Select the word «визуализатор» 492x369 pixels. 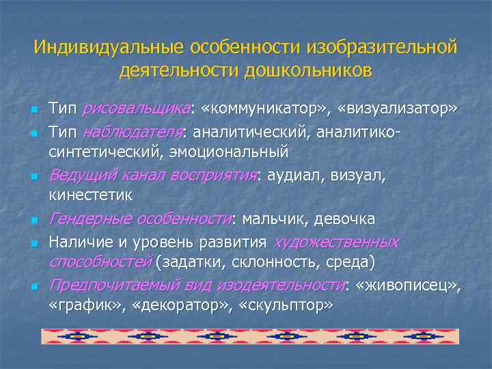point(400,109)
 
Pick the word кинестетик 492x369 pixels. point(92,195)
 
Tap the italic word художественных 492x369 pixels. point(336,242)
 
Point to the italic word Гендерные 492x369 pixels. point(90,219)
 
